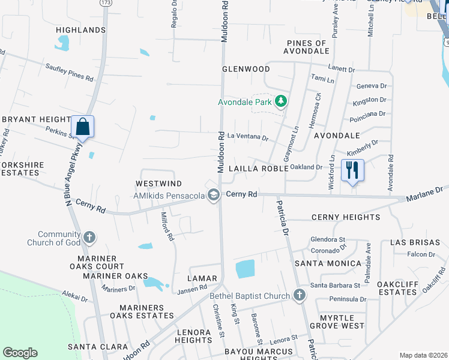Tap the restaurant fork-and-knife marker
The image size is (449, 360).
click(352, 170)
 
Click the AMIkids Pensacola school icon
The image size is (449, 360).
click(212, 194)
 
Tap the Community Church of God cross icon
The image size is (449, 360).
click(89, 238)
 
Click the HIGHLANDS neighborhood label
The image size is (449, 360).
click(80, 30)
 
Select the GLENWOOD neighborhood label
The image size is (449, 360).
click(246, 69)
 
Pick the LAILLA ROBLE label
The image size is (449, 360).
click(258, 169)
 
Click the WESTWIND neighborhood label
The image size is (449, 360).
click(158, 183)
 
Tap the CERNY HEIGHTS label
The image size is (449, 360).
click(345, 217)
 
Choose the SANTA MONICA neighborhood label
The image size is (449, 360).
click(321, 263)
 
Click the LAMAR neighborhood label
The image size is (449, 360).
click(201, 279)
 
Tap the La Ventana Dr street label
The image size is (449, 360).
click(247, 137)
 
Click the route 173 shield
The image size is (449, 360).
click(106, 3)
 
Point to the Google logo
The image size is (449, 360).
click(20, 353)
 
